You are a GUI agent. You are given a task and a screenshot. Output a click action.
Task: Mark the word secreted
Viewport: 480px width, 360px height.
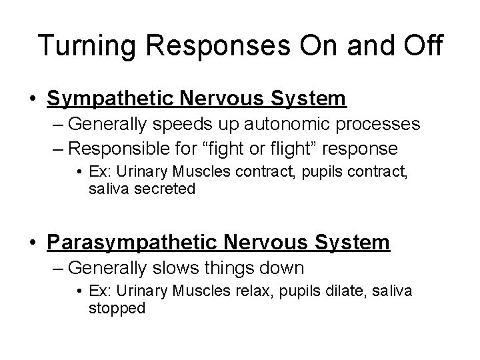pos(165,189)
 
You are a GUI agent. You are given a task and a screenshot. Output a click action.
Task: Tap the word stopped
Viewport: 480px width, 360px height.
pos(117,309)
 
